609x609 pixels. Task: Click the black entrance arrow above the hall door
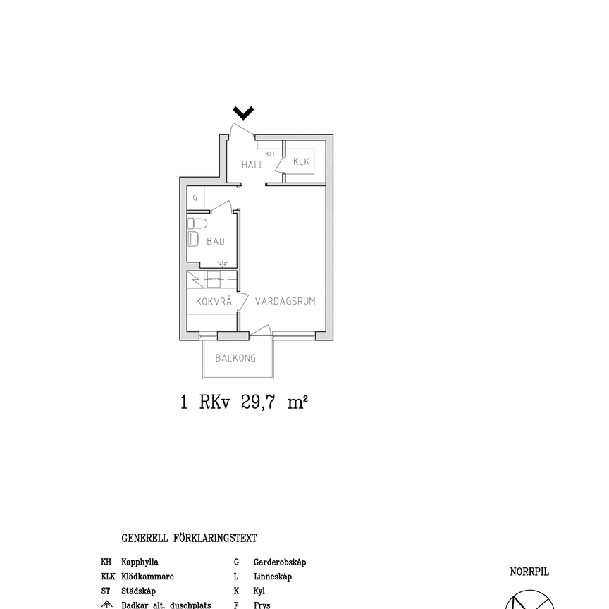(244, 113)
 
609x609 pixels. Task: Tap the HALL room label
(252, 165)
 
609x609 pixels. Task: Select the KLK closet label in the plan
(302, 162)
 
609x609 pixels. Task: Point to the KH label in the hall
(269, 154)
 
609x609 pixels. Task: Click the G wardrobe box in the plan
(195, 198)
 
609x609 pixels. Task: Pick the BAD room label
(216, 241)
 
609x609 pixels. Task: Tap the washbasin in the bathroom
(194, 239)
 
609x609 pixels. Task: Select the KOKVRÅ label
(214, 301)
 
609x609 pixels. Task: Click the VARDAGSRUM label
(285, 301)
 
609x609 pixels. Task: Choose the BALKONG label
(235, 358)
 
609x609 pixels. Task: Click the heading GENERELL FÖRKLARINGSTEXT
(189, 539)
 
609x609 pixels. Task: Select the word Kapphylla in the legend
(140, 562)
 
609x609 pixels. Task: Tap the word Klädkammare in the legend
(147, 577)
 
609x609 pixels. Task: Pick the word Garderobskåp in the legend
(279, 562)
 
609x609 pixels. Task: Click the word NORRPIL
(529, 572)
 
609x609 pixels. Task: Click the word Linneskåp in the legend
(272, 577)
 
